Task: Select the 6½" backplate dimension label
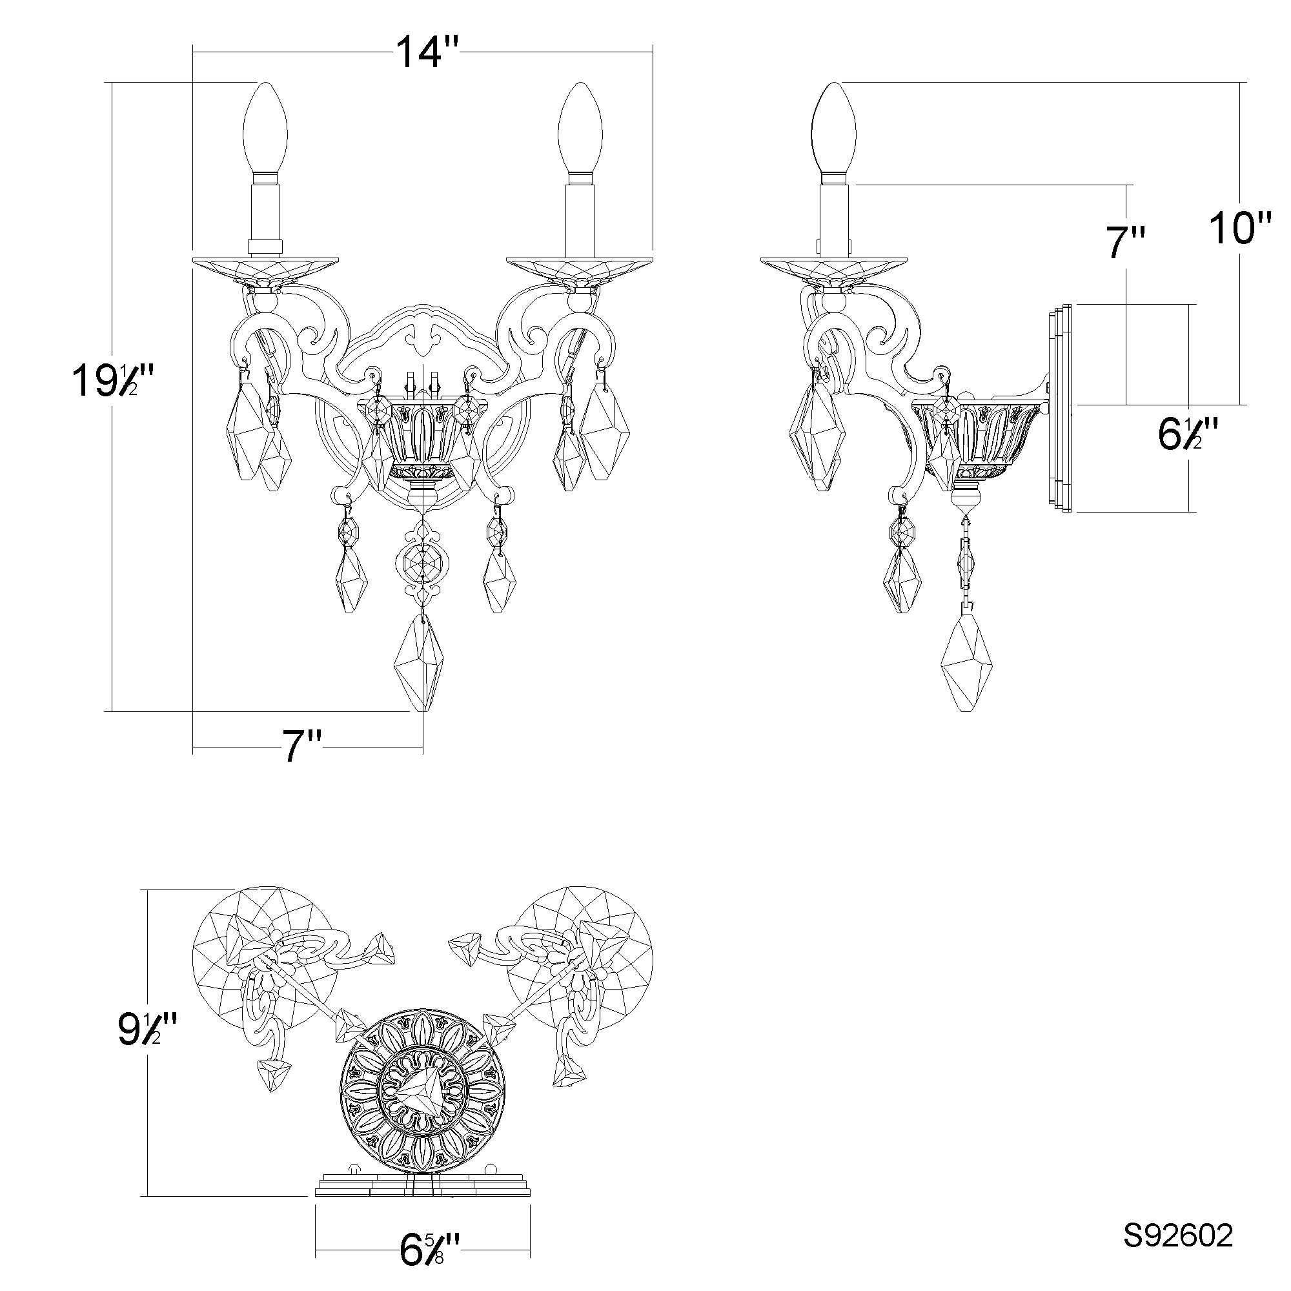pyautogui.click(x=1187, y=434)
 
